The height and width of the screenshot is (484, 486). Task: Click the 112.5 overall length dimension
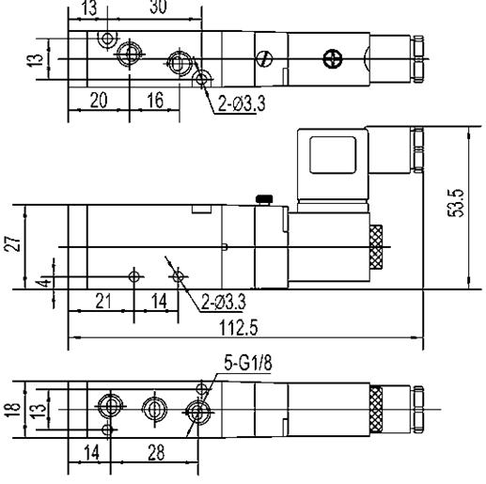pos(239,328)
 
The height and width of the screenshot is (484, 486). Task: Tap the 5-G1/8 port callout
pos(248,363)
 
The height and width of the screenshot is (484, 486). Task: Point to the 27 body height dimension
pos(13,243)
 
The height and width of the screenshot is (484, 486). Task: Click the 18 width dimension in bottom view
pos(13,410)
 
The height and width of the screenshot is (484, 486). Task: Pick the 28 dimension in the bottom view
pos(156,452)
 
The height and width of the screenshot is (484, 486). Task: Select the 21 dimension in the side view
pos(103,301)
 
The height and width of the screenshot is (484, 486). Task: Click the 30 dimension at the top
pos(158,7)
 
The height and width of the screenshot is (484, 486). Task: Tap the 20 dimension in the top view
pos(99,100)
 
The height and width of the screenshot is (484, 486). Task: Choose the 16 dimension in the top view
pos(155,100)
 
